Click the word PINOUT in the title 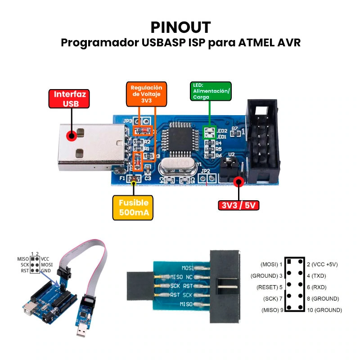pos(180,27)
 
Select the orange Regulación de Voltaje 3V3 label pos(146,94)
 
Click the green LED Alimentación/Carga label pos(211,91)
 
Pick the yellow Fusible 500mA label pos(133,208)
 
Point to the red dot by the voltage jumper pos(238,182)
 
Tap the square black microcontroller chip pos(180,140)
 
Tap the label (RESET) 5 pos(269,287)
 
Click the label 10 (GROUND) pos(324,310)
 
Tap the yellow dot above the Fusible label pos(133,182)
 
